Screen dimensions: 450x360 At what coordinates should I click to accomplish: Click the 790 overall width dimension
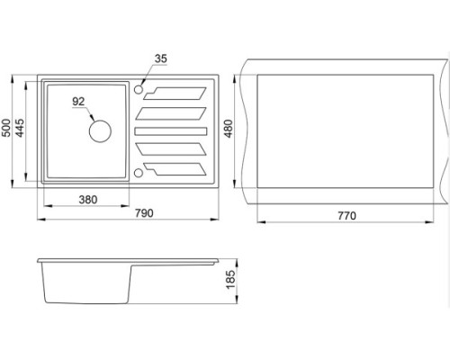144,213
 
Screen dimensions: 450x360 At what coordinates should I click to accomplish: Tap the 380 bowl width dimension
88,200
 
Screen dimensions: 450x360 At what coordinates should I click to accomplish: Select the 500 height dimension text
6,128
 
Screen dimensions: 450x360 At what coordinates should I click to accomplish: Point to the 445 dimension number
20,128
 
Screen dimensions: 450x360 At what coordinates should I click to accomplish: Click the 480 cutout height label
229,129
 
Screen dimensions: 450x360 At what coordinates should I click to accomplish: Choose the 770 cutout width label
346,216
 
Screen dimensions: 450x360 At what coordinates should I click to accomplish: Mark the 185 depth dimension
230,280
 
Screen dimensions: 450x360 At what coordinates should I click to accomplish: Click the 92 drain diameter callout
78,102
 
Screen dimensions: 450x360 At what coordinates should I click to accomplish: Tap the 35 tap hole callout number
161,58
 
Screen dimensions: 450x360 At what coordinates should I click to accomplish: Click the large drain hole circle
100,131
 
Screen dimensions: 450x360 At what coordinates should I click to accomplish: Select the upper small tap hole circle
139,89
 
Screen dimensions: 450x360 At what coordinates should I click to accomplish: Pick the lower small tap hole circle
139,173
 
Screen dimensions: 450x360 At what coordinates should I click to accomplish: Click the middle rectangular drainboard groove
171,131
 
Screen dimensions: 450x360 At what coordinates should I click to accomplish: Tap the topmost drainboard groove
175,94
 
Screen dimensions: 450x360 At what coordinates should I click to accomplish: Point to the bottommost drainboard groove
175,169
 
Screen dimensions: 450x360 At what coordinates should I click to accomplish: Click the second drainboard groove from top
171,113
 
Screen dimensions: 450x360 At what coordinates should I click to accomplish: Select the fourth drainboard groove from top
171,149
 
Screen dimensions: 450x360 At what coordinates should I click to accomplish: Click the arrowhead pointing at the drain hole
92,118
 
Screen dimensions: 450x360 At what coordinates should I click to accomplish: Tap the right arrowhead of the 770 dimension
429,222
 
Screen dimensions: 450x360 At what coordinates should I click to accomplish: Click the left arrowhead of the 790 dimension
41,220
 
